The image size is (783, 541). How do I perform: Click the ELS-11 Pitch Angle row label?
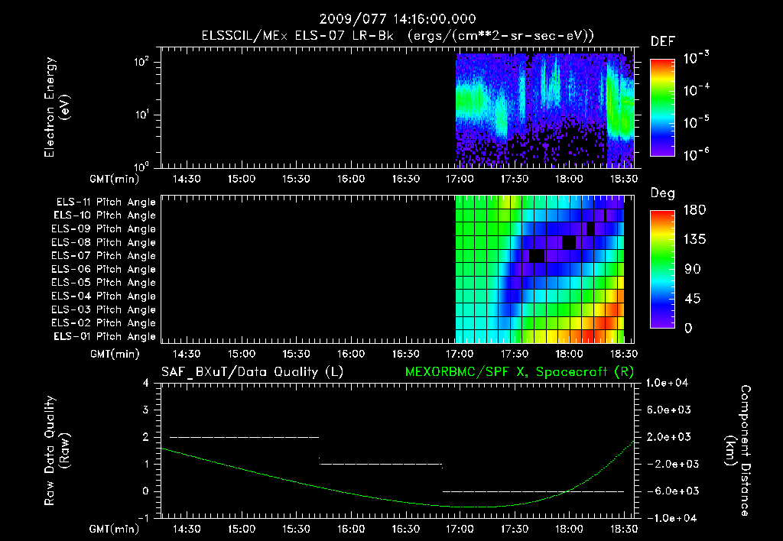pos(106,202)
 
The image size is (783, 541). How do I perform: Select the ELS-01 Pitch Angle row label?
pos(106,336)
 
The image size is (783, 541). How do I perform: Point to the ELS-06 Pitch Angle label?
pos(106,269)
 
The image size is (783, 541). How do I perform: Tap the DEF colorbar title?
pos(661,41)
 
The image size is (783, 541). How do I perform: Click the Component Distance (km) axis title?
pos(740,450)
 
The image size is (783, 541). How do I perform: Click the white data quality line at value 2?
pos(243,437)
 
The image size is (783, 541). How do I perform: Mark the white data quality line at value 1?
pos(381,464)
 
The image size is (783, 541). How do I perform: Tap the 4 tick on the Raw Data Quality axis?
pos(146,383)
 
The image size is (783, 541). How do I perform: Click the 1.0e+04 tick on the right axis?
pos(670,383)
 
